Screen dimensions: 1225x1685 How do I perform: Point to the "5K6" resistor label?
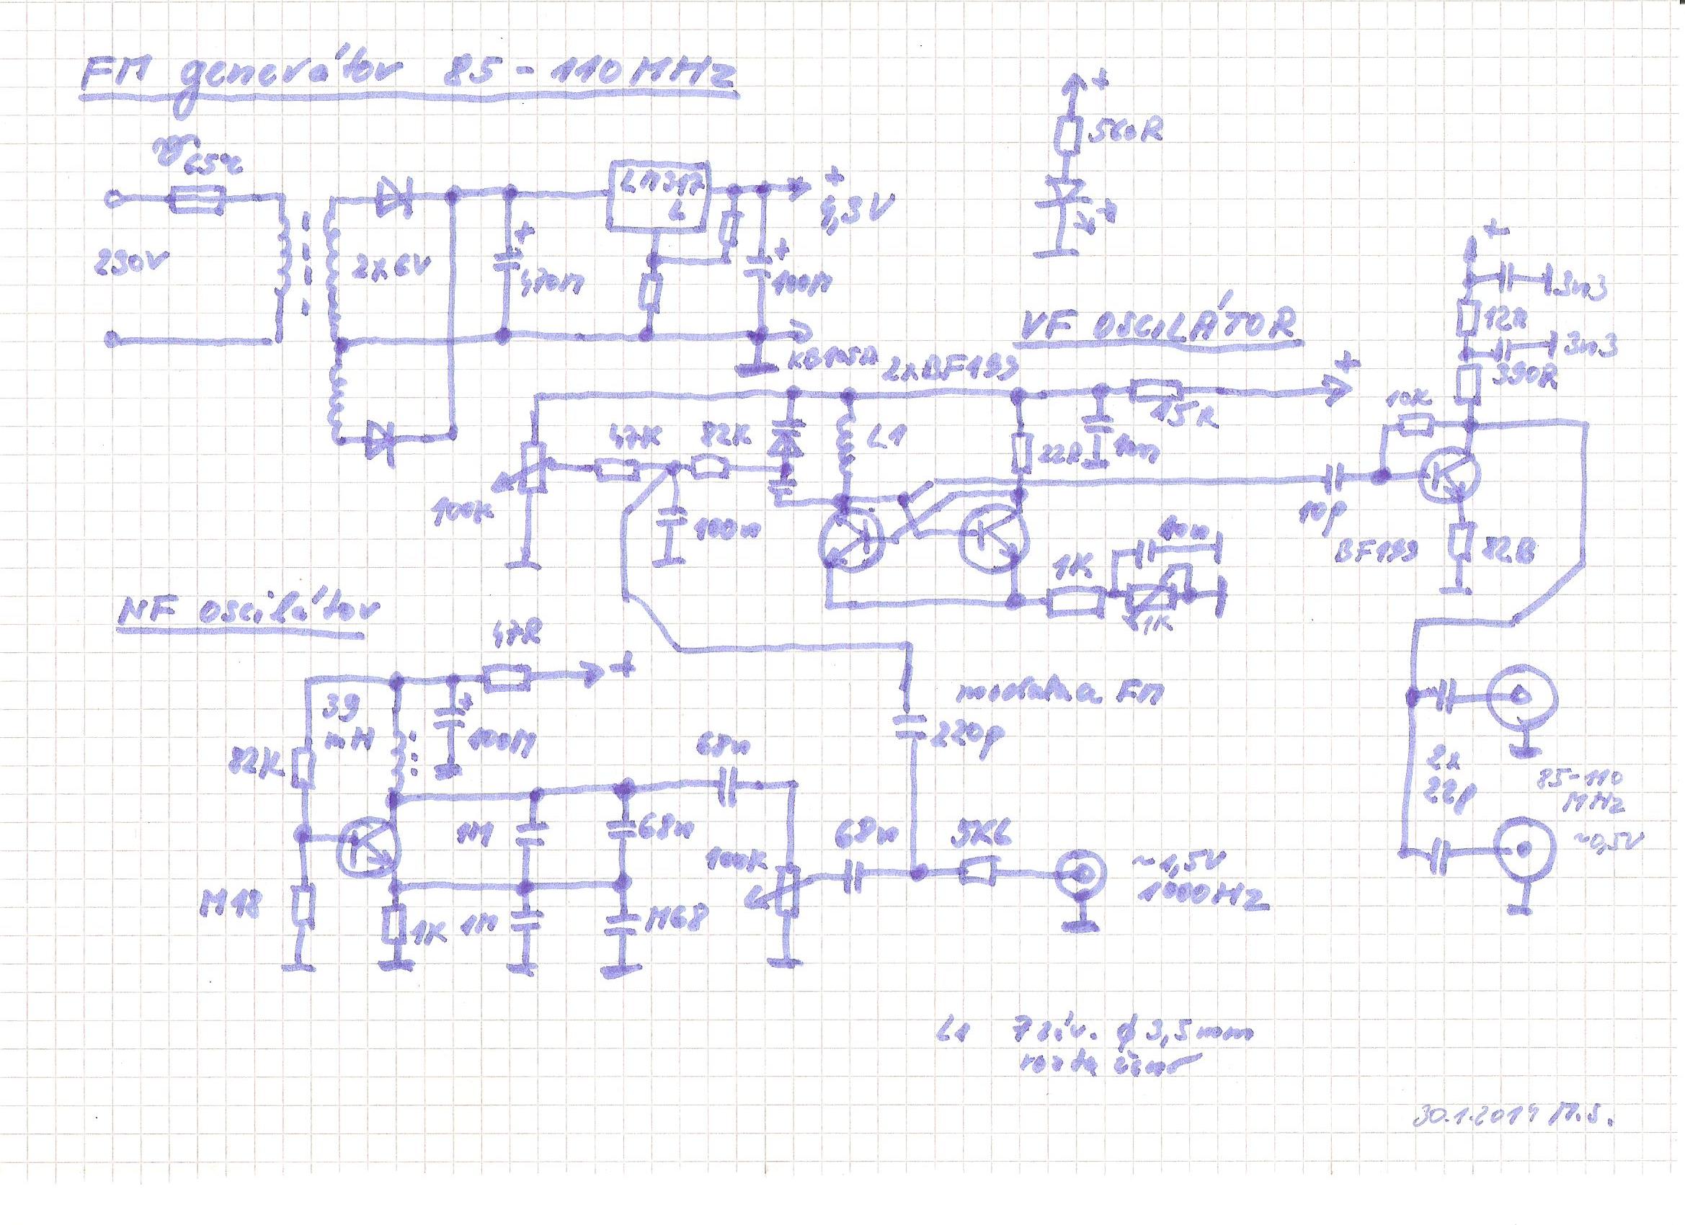click(977, 839)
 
